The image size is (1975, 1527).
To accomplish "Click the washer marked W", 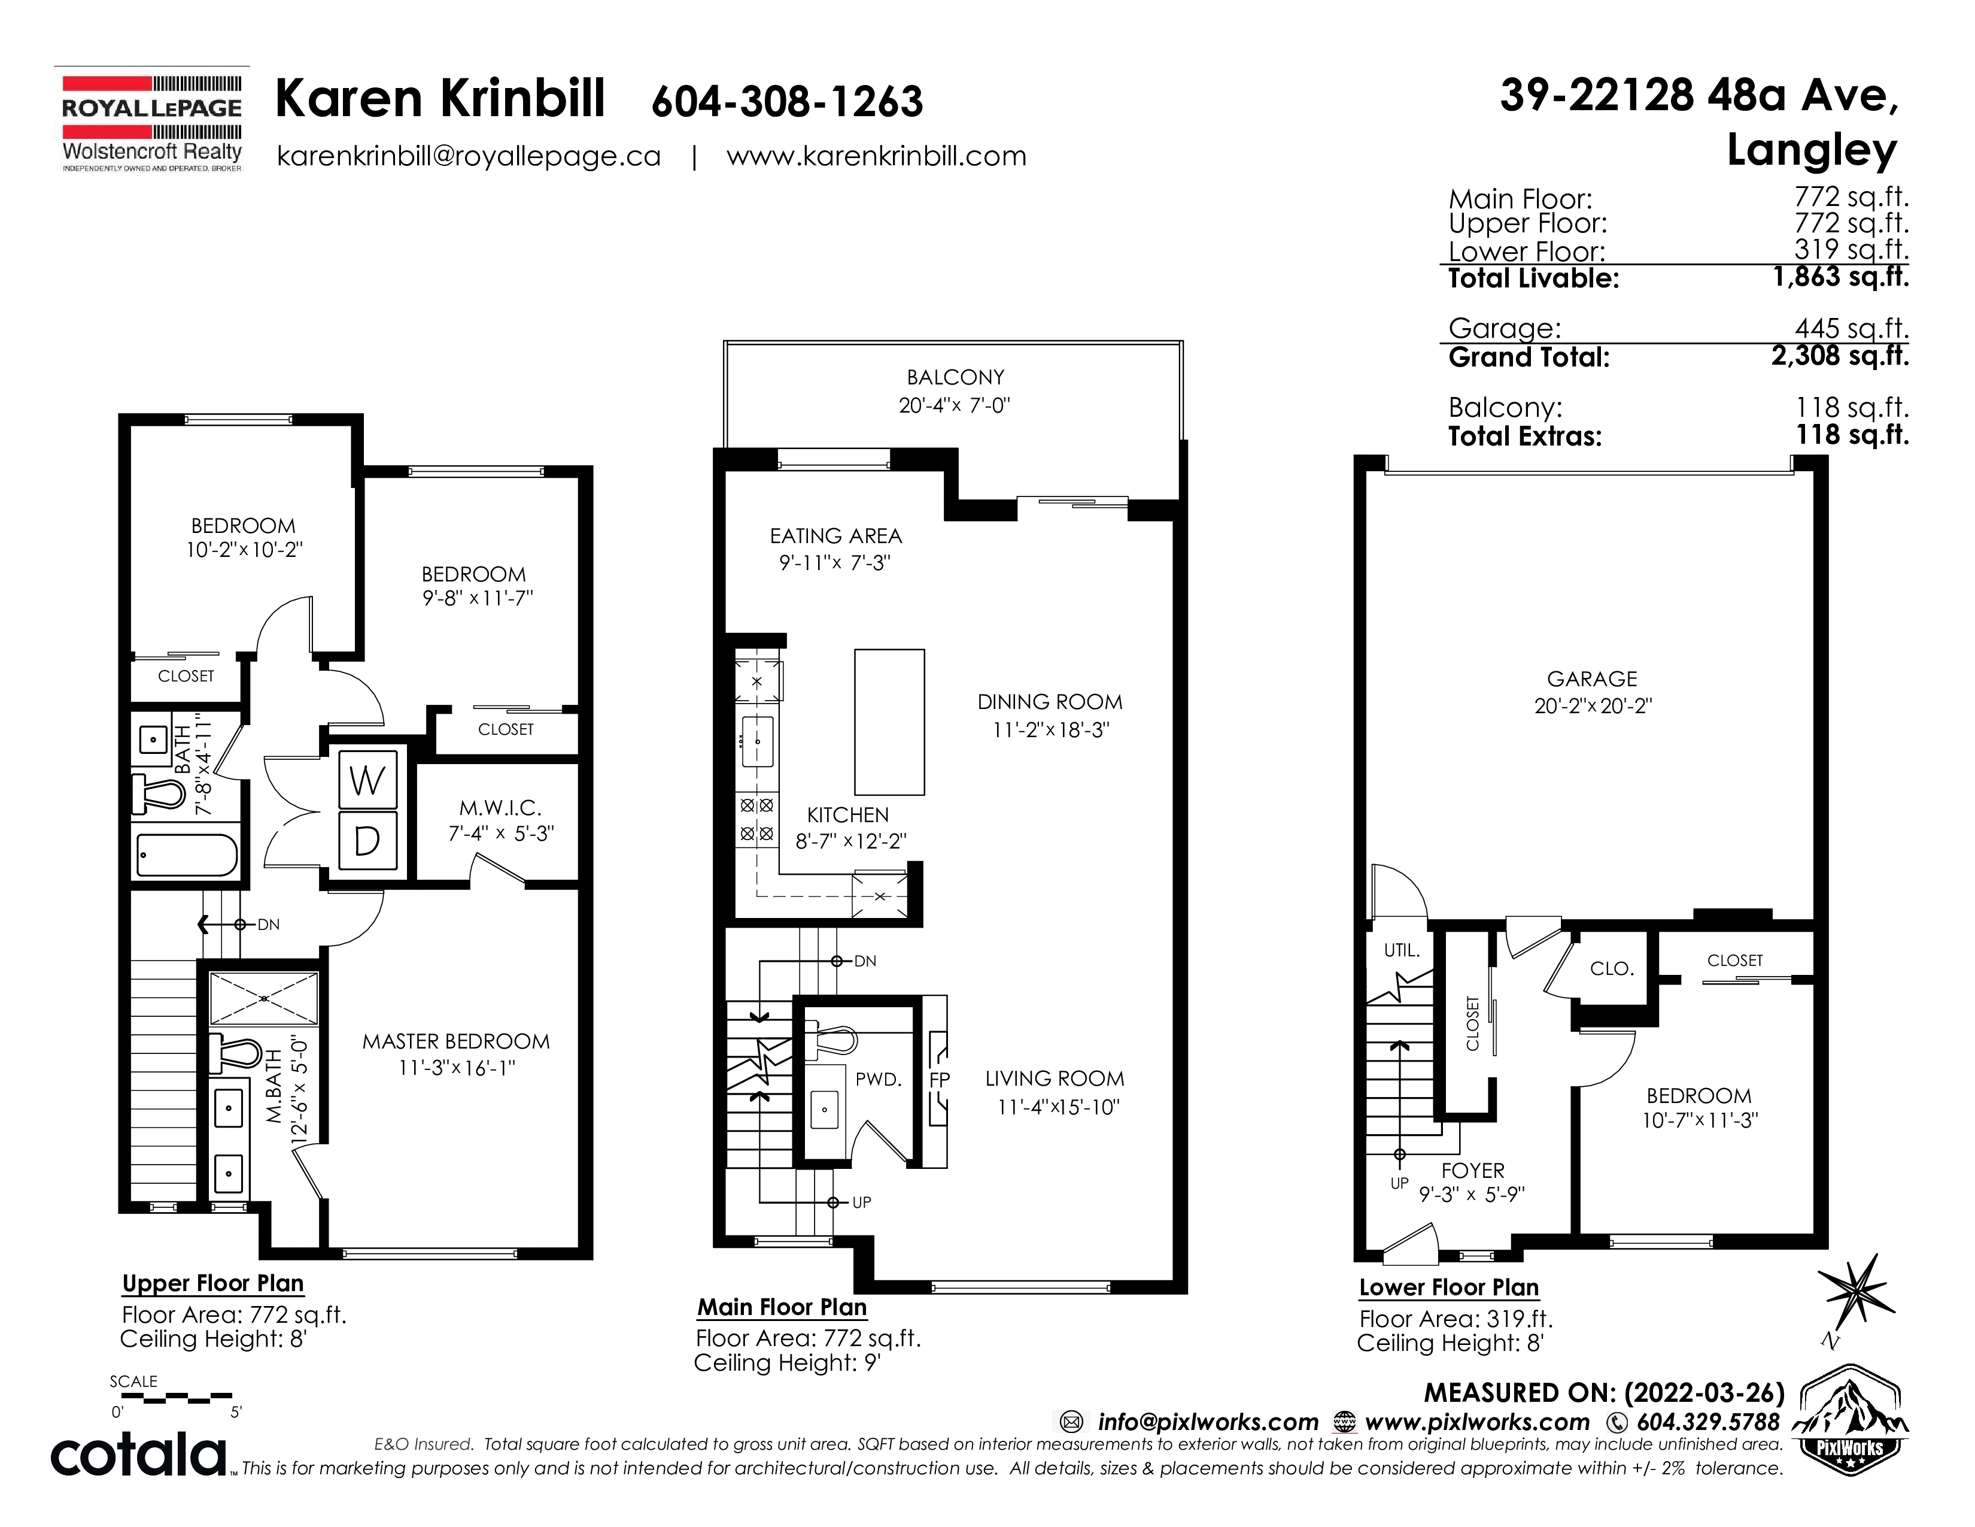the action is tap(367, 779).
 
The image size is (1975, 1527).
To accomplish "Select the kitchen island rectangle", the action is tap(890, 722).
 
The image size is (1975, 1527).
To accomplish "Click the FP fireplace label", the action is tap(940, 1079).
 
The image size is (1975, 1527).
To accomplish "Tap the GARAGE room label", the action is tap(1593, 678).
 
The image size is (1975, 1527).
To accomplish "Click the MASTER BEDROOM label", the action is tap(456, 1041).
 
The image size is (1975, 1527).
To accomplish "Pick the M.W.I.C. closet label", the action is tap(500, 808).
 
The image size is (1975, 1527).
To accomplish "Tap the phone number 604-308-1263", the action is tap(787, 101).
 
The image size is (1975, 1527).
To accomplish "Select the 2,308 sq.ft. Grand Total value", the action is tap(1840, 356).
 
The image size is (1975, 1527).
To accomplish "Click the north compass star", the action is tap(1855, 1287).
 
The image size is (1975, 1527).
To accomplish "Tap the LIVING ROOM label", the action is tap(1055, 1078).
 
